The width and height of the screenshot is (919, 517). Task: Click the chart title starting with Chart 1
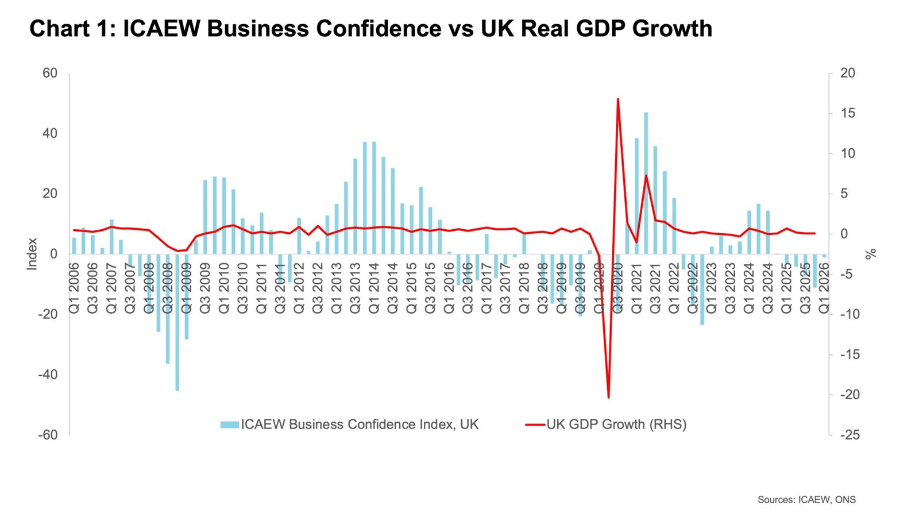point(370,29)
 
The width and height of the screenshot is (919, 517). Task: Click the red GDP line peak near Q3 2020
point(617,99)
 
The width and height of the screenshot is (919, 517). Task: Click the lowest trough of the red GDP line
point(608,396)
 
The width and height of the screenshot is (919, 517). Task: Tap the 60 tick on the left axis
point(50,74)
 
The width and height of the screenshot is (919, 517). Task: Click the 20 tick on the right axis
point(848,74)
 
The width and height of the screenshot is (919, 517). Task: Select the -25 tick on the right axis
point(850,435)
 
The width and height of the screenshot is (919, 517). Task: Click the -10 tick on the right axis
point(850,314)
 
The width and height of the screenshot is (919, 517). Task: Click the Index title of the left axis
point(33,254)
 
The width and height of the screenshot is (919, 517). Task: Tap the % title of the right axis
point(871,254)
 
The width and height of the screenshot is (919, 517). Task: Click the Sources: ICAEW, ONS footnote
point(806,499)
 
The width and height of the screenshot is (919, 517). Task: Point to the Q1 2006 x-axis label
point(74,288)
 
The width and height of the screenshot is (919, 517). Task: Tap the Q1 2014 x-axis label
point(374,288)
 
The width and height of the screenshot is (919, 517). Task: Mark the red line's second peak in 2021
point(646,175)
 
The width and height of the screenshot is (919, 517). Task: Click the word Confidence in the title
point(380,29)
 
